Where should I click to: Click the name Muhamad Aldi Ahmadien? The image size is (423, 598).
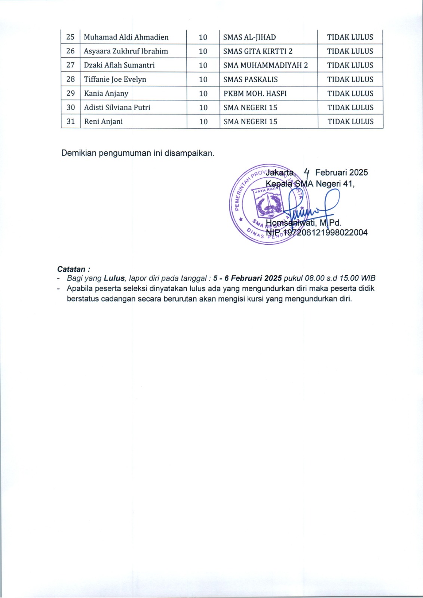pos(126,37)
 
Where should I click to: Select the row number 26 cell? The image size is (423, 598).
pos(70,51)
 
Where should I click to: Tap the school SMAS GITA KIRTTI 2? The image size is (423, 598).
pos(258,51)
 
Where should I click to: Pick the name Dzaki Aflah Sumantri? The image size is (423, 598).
pos(119,65)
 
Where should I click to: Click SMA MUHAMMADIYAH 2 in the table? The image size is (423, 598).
pos(266,65)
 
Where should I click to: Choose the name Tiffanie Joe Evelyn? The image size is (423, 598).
pos(115,79)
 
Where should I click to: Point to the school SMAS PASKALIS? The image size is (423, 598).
pos(250,79)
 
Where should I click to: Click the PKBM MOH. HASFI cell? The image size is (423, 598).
pos(255,93)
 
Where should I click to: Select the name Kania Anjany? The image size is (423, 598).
pos(106,93)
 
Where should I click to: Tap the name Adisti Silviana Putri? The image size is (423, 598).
pos(117,107)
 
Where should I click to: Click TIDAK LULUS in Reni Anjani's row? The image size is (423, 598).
pos(350,121)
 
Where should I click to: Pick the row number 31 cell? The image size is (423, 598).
pos(71,121)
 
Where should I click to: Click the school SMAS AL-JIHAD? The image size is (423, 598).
pos(249,37)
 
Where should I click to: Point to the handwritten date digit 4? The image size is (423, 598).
pos(307,172)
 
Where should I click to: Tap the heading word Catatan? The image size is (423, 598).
pos(71,269)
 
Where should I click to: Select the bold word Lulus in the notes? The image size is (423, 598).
pos(114,278)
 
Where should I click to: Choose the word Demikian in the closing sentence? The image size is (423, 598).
pos(79,153)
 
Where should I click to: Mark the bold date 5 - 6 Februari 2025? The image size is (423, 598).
pos(247,278)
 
